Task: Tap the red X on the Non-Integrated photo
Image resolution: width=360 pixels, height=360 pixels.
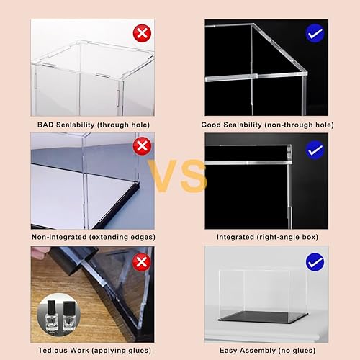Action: click(143, 147)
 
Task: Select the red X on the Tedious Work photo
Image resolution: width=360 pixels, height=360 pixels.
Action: click(143, 261)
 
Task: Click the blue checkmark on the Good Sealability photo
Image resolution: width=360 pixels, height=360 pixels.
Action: click(315, 33)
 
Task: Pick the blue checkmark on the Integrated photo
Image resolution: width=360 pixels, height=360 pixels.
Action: click(315, 148)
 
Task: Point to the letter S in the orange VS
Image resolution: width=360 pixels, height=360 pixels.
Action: click(193, 176)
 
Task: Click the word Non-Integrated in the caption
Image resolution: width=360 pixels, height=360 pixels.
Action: click(60, 236)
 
